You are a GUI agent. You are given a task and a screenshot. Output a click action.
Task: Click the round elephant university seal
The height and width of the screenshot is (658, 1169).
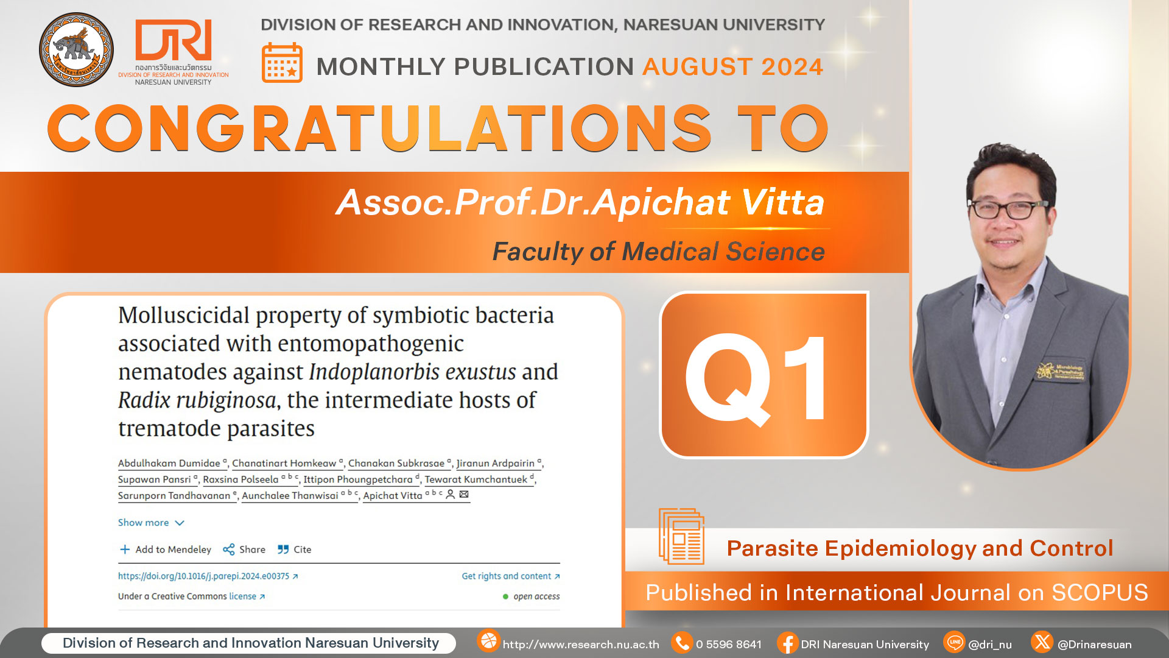(x=76, y=49)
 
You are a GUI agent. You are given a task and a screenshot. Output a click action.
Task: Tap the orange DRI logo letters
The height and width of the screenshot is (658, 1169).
(x=174, y=40)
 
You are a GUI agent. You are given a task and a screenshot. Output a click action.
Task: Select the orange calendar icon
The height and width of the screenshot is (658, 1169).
(x=282, y=62)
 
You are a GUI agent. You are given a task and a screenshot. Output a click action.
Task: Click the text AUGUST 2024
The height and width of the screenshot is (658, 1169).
(x=733, y=66)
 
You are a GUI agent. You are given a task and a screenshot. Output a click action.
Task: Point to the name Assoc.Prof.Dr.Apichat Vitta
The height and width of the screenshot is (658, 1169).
(x=580, y=202)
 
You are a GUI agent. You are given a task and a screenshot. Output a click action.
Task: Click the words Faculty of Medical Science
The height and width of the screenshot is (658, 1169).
(x=658, y=252)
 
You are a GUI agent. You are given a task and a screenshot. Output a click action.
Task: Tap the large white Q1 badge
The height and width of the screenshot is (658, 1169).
(x=764, y=375)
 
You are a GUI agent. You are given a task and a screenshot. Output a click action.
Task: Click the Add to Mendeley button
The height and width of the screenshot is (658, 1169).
(x=165, y=550)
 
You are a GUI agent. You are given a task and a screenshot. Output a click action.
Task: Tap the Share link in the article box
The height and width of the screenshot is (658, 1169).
(x=244, y=550)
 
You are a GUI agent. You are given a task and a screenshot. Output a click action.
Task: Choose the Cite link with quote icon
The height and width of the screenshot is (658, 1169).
(x=295, y=550)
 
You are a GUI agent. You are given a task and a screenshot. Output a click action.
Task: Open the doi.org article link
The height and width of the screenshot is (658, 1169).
(x=208, y=576)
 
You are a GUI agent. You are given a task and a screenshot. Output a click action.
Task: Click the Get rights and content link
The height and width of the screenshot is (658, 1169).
(x=511, y=576)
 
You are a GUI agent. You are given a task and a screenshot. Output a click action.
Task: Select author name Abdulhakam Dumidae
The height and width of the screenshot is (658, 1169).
(x=169, y=464)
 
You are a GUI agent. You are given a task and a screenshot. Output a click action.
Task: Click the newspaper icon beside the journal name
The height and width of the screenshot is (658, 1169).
(x=681, y=536)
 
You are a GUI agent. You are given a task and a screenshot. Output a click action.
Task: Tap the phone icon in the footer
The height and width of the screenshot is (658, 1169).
(x=682, y=643)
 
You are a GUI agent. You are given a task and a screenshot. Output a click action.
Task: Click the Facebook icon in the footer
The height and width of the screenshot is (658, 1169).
(x=787, y=643)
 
